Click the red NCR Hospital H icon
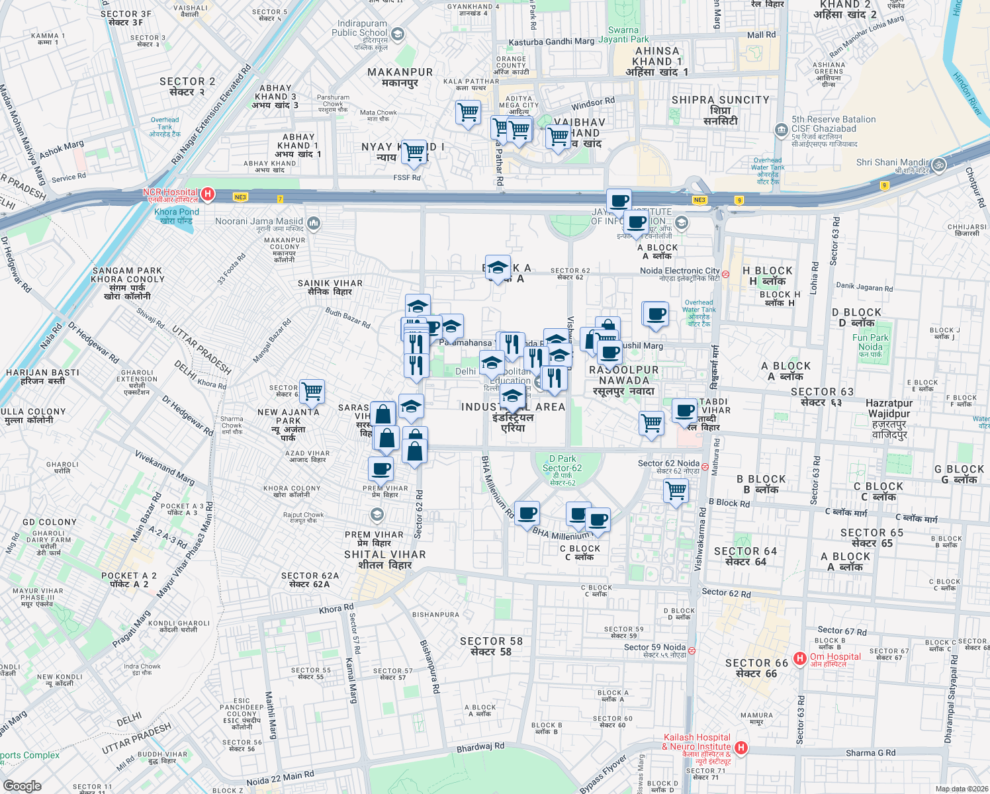pos(208,194)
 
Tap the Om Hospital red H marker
pos(800,658)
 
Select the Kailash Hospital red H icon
pos(741,748)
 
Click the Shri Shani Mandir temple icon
pos(938,165)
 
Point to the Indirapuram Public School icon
pos(398,34)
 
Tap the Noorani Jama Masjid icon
pos(314,224)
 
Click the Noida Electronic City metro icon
pos(726,274)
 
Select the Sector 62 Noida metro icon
pos(705,466)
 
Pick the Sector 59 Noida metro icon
pos(692,650)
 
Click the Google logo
pos(22,785)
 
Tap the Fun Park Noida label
pos(871,342)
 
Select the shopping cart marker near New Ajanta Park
pos(312,391)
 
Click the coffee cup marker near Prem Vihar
pos(381,468)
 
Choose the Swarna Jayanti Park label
pos(623,34)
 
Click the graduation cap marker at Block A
pos(498,267)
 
